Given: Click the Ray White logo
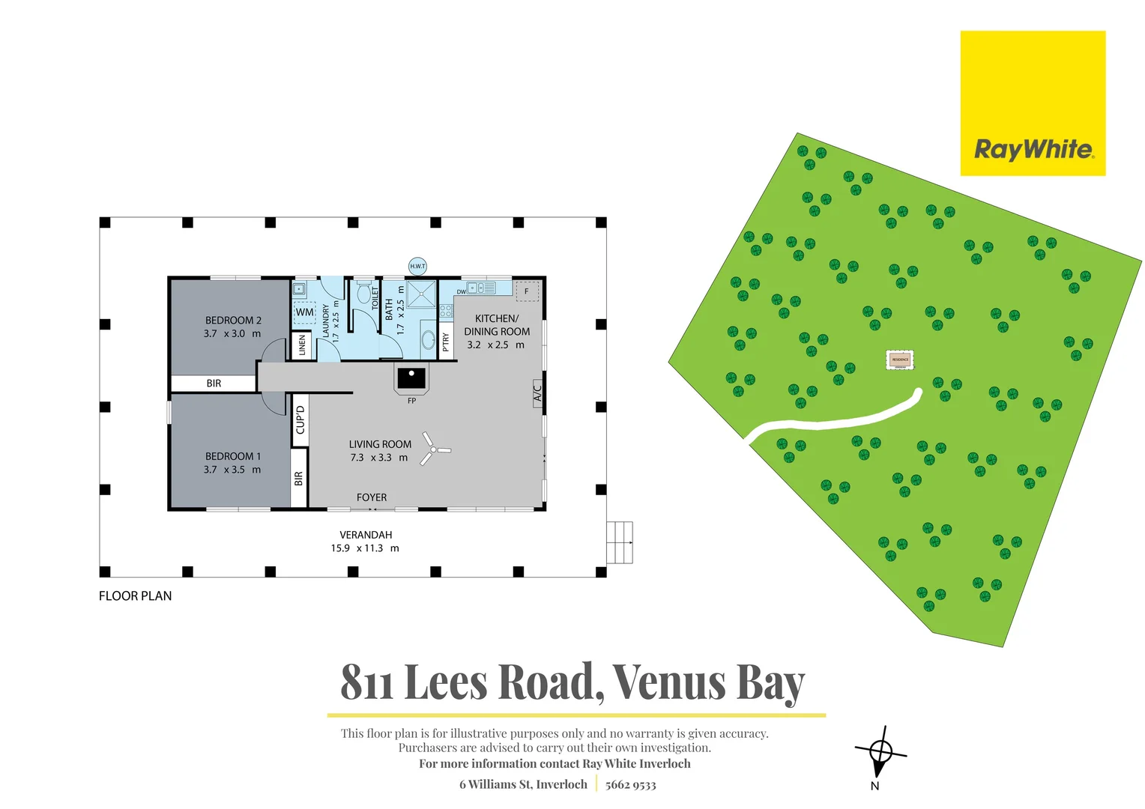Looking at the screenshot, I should [x=1032, y=103].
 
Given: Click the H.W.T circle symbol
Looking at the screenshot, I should [x=417, y=266].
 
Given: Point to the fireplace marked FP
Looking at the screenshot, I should [x=411, y=378].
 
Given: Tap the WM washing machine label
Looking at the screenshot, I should [x=304, y=312].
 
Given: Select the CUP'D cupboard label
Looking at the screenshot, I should [x=300, y=419].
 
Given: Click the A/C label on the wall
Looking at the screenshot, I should [x=537, y=391].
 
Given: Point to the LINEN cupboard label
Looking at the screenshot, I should [x=303, y=345].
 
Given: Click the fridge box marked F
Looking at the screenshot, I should [x=527, y=291].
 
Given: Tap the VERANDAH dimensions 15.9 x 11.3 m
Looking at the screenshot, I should [x=365, y=548].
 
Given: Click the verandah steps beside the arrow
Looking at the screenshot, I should [x=619, y=542].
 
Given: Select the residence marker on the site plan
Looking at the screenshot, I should [x=900, y=360].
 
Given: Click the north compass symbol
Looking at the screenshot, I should [x=880, y=751].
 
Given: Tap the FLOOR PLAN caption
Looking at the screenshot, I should [x=136, y=596].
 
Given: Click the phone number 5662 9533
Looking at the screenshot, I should [x=630, y=785].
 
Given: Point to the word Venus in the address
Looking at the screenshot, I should [x=669, y=682].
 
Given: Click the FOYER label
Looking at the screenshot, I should [x=372, y=497].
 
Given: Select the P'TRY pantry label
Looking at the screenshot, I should [x=446, y=342].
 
